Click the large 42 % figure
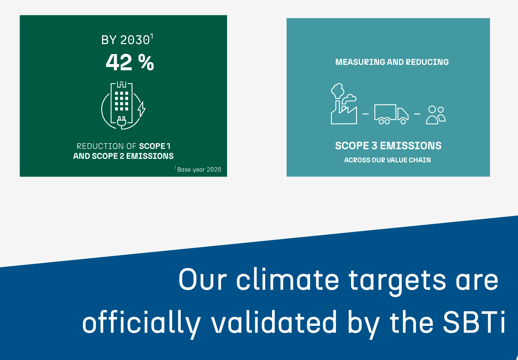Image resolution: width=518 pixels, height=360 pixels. pos(130,62)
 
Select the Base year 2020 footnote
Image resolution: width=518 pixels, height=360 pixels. pos(198,169)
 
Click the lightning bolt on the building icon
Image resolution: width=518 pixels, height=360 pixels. pos(142,109)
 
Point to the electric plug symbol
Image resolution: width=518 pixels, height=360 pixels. pos(122,122)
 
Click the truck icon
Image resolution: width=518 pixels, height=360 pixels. pos(391,114)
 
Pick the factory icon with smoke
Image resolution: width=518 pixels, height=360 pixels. pos(344,104)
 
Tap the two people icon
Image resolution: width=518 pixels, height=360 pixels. pos(436,115)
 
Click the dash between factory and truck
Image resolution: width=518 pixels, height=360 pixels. pos(366,114)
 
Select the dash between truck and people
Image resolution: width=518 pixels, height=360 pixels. pos(417,114)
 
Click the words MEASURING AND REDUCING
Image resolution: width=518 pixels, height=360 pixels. pos(392,62)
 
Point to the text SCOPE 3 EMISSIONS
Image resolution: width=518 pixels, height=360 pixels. pos(388,146)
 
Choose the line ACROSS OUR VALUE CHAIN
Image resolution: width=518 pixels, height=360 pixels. pos(388,160)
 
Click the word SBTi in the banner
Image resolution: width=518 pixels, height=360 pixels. pos(474,322)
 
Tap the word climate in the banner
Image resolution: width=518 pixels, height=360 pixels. pos(287,279)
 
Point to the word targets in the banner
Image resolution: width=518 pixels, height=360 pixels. pos(397,282)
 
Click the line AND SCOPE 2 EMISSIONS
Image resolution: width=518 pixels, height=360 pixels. pos(123,156)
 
